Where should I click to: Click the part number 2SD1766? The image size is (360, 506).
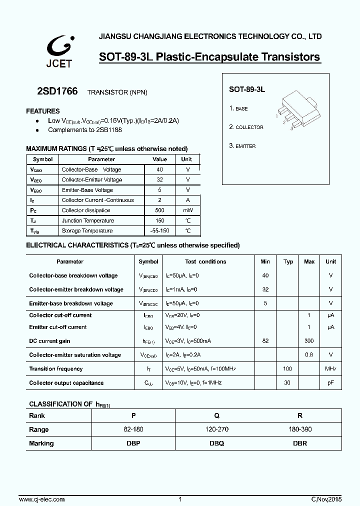click(57, 92)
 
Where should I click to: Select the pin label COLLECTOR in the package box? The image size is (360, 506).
click(249, 127)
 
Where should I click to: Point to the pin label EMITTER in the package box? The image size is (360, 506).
click(245, 146)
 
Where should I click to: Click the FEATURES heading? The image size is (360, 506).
click(43, 111)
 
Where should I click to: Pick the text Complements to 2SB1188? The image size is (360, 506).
click(85, 130)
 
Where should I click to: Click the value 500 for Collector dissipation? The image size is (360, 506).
click(159, 210)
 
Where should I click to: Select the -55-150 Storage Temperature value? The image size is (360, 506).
click(159, 231)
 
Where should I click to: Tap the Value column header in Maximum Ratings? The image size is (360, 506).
click(159, 159)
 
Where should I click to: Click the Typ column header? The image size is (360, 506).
click(288, 261)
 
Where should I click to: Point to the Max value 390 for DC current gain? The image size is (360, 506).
click(309, 341)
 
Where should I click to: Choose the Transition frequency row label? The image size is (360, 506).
click(56, 369)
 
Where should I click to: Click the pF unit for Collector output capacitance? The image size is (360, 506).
click(331, 383)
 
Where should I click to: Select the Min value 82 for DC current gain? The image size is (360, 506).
click(265, 341)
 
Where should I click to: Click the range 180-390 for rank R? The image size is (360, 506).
click(299, 429)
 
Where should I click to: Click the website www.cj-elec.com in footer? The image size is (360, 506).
click(41, 499)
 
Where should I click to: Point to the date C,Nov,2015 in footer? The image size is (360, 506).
click(325, 499)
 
